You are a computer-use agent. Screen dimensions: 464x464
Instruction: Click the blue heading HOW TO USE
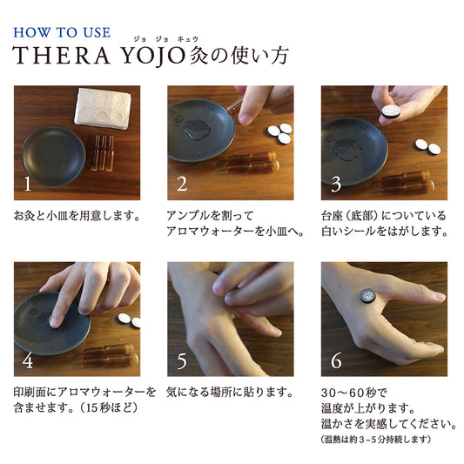click(x=62, y=32)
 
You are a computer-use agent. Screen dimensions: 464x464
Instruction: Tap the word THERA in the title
click(x=61, y=56)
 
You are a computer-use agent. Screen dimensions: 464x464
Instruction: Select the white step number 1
click(x=28, y=184)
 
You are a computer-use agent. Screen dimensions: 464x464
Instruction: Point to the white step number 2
click(x=182, y=184)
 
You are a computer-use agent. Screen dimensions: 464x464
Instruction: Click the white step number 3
click(x=336, y=184)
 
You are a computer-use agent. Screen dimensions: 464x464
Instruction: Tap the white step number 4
click(x=28, y=360)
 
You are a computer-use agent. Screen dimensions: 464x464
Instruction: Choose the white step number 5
click(x=182, y=360)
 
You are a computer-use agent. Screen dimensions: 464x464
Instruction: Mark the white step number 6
click(x=336, y=360)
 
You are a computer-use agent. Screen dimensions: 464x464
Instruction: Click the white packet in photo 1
click(x=103, y=108)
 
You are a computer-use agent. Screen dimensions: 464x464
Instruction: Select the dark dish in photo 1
click(x=54, y=157)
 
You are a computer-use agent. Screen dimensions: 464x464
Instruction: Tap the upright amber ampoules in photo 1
click(x=103, y=153)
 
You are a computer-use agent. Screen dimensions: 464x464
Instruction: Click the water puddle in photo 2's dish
click(x=197, y=130)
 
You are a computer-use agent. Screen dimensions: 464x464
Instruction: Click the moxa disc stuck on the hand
click(x=368, y=296)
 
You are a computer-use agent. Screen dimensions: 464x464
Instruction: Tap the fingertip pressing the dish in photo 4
click(x=55, y=321)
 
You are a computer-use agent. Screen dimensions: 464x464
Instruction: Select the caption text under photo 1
click(x=77, y=216)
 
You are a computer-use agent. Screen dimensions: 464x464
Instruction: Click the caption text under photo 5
click(x=230, y=393)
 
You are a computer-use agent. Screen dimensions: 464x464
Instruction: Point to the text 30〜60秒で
click(x=354, y=393)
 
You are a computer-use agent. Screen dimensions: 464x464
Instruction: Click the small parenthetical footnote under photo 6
click(x=376, y=439)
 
